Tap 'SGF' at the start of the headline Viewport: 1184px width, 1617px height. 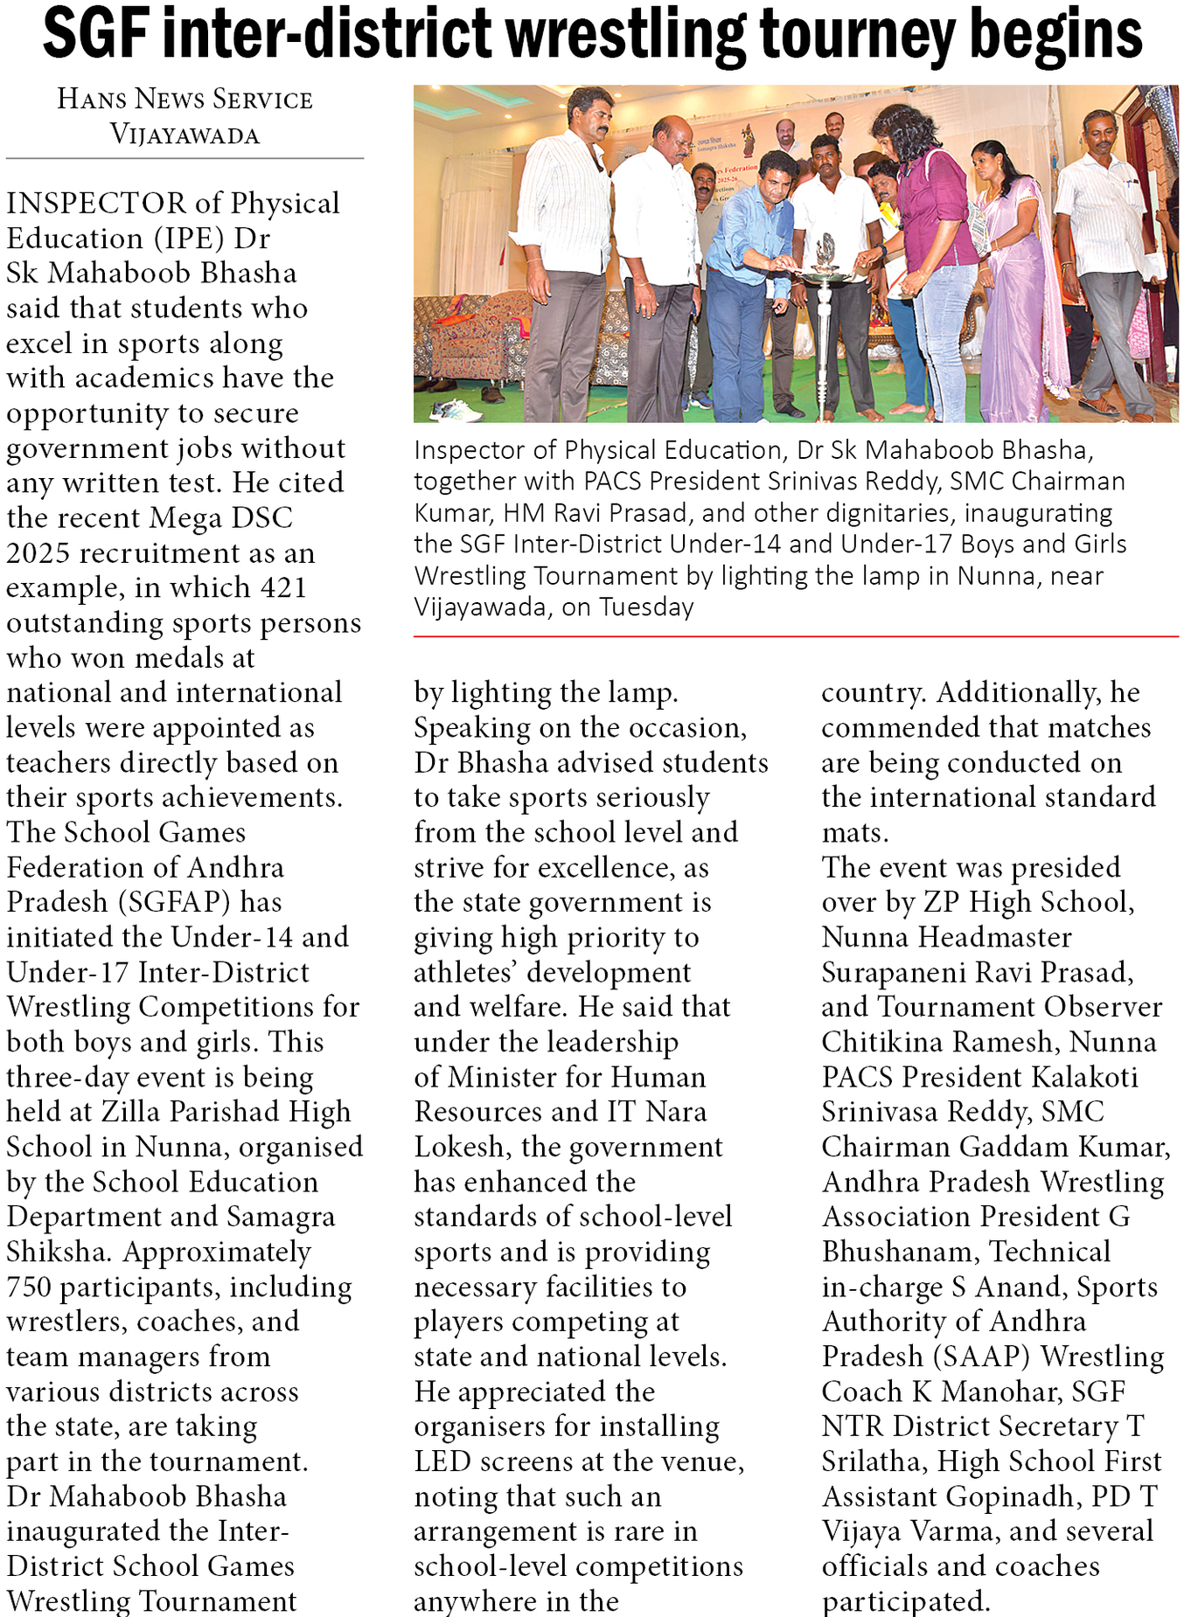pos(95,35)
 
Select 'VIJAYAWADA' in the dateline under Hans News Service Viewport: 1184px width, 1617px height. pos(185,135)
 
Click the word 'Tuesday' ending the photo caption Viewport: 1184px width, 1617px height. pos(646,607)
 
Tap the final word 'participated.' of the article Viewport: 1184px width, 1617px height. pos(906,1601)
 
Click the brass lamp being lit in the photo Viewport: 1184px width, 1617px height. pos(824,262)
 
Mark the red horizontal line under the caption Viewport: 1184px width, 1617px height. pos(796,637)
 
